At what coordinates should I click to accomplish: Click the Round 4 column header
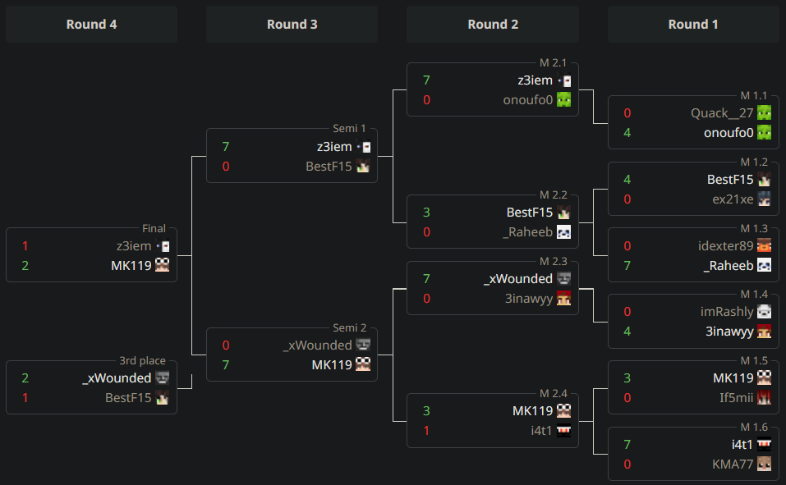[91, 24]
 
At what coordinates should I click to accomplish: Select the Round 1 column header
[693, 24]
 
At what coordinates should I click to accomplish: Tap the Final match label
[154, 228]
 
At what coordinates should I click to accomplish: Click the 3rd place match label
[142, 361]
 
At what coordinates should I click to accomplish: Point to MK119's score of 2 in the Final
[25, 266]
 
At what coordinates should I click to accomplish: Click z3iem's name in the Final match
[134, 246]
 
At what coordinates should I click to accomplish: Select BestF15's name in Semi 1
[329, 167]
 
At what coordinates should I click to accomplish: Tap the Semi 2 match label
[349, 327]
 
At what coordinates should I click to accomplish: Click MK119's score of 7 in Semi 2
[226, 364]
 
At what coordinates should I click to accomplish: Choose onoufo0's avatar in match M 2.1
[564, 99]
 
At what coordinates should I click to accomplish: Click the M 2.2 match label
[554, 194]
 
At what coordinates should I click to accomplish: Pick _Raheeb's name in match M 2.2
[528, 232]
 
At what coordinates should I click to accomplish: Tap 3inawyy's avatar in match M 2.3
[564, 298]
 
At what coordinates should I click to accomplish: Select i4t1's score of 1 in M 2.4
[426, 431]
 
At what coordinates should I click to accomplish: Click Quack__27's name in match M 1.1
[722, 113]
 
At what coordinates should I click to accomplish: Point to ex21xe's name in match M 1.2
[733, 199]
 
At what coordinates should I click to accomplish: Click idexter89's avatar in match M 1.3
[764, 245]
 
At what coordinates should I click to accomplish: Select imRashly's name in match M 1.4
[727, 312]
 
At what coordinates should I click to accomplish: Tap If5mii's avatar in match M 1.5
[764, 397]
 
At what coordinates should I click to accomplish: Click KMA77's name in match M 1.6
[733, 464]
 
